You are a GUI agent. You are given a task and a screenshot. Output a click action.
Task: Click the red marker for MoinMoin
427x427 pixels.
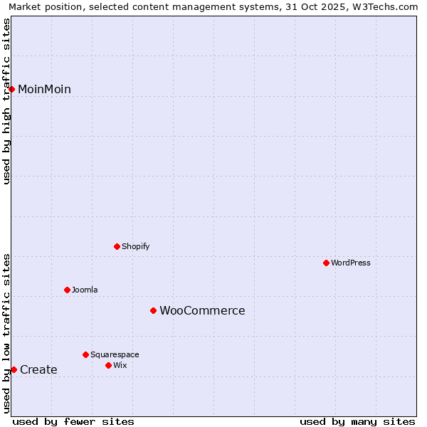[12, 89]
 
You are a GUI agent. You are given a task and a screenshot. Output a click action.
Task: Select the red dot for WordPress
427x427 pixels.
[327, 263]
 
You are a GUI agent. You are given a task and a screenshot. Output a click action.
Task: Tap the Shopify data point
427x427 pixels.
[117, 246]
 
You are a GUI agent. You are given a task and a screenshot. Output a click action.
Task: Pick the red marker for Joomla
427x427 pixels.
[68, 290]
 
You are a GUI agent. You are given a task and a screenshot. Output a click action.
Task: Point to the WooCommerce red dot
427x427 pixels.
[153, 310]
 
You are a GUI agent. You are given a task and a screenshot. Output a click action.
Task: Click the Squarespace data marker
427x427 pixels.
[86, 354]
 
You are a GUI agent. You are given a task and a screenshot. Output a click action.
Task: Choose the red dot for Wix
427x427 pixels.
[109, 365]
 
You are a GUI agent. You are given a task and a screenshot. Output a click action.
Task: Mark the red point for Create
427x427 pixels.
[14, 369]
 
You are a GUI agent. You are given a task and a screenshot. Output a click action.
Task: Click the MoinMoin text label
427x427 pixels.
[44, 89]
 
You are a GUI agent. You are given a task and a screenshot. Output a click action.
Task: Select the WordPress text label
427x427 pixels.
[351, 263]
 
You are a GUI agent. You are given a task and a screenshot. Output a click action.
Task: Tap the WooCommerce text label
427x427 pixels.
[202, 310]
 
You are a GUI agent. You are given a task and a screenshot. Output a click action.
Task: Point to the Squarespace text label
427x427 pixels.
[115, 354]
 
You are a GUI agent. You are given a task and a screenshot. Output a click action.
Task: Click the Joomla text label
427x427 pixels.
[85, 290]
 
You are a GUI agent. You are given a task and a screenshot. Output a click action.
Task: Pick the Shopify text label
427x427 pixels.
[135, 246]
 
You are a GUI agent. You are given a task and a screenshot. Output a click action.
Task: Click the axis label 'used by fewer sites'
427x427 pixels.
[73, 421]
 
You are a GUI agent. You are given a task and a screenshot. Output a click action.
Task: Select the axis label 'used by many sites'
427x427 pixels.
[357, 421]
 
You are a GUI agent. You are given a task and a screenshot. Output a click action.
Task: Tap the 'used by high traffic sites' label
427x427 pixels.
[7, 102]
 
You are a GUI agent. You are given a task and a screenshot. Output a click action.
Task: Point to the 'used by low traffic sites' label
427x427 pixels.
[7, 333]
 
